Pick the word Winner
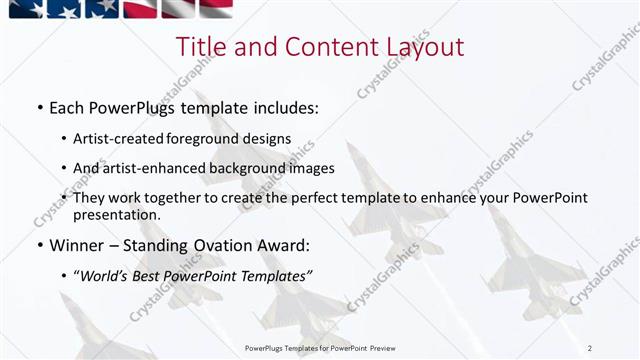click(x=76, y=244)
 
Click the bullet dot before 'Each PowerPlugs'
click(x=39, y=107)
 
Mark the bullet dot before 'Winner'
click(x=39, y=245)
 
